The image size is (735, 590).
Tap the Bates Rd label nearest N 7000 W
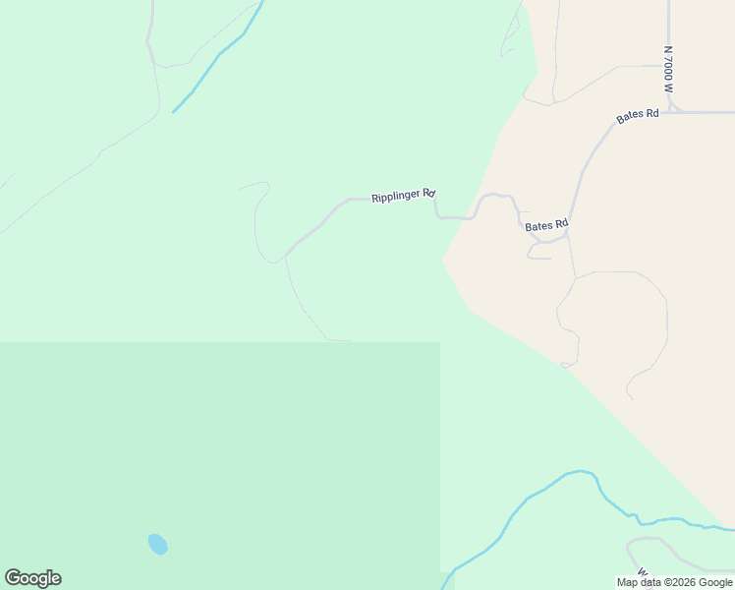coord(637,116)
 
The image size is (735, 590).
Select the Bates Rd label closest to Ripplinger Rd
coord(546,225)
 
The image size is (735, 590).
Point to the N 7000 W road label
coord(668,68)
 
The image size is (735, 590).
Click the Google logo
coord(32,578)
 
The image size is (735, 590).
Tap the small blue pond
coord(157,544)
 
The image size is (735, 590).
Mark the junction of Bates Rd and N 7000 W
coord(669,112)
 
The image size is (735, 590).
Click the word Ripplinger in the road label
coord(396,197)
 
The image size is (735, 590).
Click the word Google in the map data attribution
coord(716,582)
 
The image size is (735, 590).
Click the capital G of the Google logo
coord(13,578)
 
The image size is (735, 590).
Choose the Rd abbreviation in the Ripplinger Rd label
coord(429,194)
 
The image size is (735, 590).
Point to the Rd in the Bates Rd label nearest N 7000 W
coord(650,114)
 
